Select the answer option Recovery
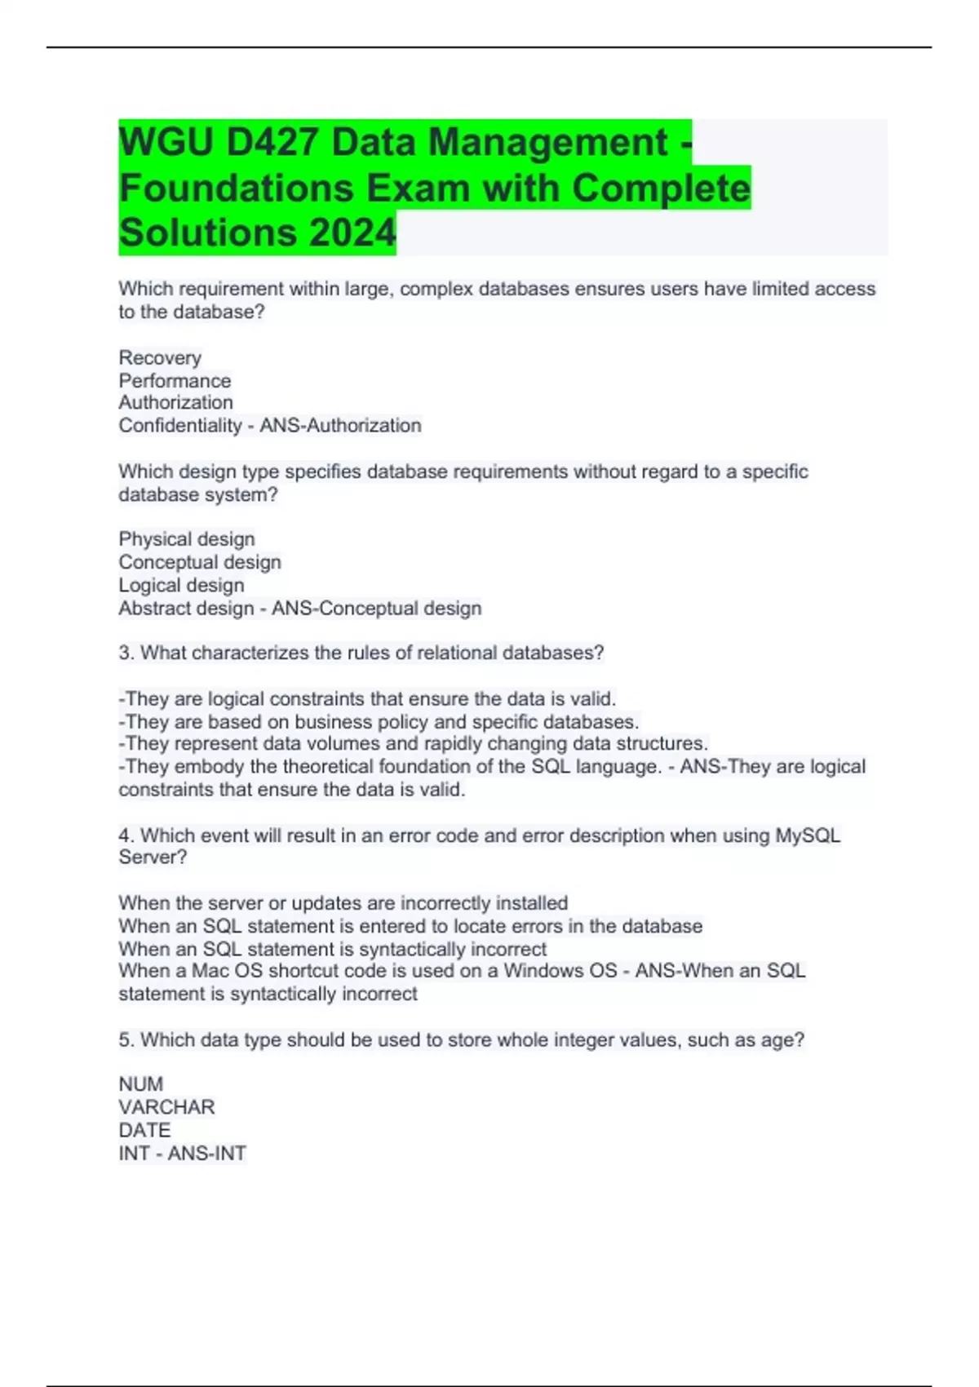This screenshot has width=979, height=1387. coord(160,357)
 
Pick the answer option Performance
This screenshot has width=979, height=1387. coord(175,380)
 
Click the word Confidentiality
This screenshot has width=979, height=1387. coord(180,425)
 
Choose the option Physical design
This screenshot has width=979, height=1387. coord(187,539)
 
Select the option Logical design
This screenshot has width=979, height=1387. coord(181,585)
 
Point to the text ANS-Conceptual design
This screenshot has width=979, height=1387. coord(376,608)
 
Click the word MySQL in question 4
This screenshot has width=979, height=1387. coord(807,835)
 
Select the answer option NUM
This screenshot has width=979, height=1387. coord(141,1084)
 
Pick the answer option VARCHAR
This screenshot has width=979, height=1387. coord(166,1107)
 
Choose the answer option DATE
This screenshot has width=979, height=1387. coord(144,1130)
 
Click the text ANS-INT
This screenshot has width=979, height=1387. coord(207,1153)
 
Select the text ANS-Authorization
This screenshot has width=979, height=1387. coord(340,425)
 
